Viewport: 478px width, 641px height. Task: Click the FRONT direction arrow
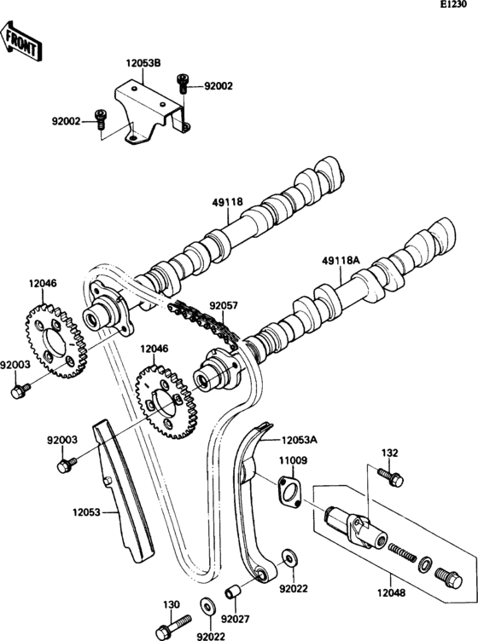tap(21, 43)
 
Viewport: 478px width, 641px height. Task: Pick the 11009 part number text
tap(291, 460)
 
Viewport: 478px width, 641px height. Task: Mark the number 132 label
tap(389, 453)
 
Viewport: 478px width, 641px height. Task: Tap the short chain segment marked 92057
tap(201, 321)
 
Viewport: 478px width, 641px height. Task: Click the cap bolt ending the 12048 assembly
tap(446, 579)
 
